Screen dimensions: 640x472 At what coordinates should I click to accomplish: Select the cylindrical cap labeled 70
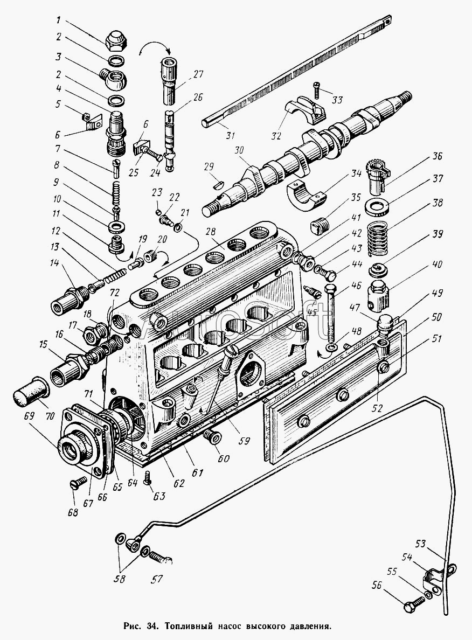coord(27,398)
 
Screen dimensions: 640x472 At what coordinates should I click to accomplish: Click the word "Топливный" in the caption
coord(191,627)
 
